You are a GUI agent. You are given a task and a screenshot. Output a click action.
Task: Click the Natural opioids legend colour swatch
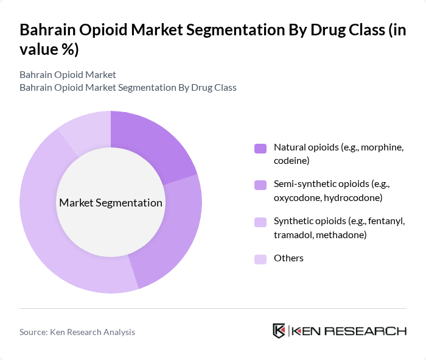click(260, 148)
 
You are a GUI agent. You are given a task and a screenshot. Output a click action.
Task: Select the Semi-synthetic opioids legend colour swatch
click(260, 185)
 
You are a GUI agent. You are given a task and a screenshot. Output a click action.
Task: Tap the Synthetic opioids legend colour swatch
click(260, 221)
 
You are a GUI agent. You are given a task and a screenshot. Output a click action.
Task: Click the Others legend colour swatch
click(260, 258)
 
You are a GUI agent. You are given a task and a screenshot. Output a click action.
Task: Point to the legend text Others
click(288, 258)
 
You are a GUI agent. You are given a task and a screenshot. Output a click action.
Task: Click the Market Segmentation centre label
click(111, 203)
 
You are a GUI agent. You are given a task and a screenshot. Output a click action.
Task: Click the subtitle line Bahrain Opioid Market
click(68, 75)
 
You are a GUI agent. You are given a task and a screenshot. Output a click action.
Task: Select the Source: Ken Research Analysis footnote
click(77, 332)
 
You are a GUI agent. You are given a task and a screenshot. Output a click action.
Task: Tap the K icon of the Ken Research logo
click(279, 331)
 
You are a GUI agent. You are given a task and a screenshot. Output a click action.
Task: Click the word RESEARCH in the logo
click(371, 331)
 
